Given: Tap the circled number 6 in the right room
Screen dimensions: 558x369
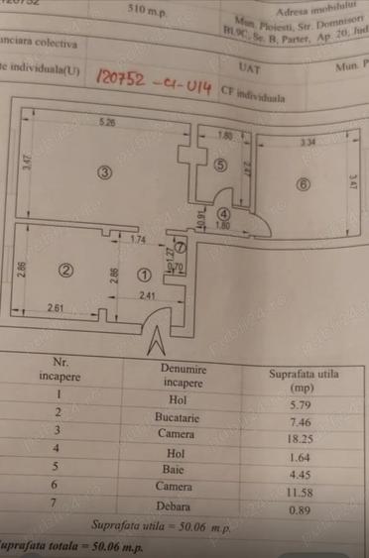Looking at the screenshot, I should tap(303, 183).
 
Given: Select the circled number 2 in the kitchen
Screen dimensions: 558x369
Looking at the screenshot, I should tap(66, 270).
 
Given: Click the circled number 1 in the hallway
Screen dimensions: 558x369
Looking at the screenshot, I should tap(145, 276).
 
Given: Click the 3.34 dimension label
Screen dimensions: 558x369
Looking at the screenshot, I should tap(308, 144).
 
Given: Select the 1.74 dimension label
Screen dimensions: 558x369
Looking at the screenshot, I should tap(138, 241).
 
